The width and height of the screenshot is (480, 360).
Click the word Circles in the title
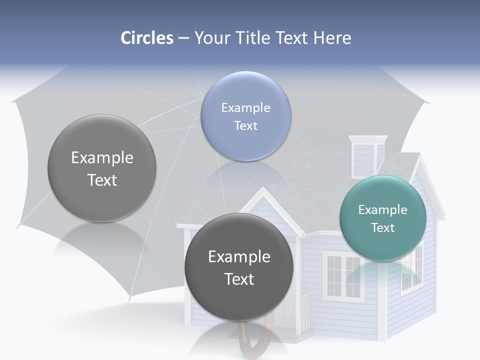(x=147, y=38)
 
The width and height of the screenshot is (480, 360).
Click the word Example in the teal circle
(x=383, y=210)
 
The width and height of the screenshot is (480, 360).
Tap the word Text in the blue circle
(x=245, y=126)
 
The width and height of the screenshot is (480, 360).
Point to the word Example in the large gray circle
(x=102, y=158)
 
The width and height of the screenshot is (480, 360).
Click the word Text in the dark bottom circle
(x=239, y=279)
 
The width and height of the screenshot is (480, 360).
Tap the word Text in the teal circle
(x=383, y=228)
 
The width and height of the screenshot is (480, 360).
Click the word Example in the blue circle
(x=245, y=108)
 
